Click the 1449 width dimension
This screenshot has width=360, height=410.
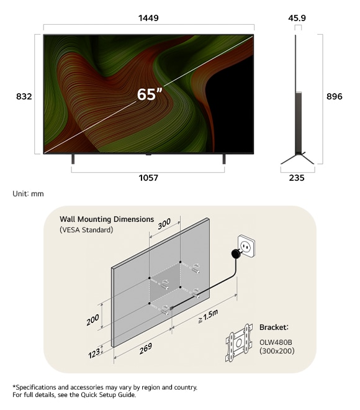point(148,18)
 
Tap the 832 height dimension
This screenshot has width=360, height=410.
point(24,96)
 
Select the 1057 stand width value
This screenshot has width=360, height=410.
point(148,178)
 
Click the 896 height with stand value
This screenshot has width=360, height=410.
point(335,96)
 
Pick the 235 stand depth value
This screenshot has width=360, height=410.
point(297,178)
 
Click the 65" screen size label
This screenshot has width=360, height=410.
point(150,94)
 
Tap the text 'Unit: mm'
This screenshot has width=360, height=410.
point(29,194)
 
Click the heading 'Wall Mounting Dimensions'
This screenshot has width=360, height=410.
point(107,219)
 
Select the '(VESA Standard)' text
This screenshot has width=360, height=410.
point(87,230)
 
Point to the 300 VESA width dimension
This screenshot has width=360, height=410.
point(164,225)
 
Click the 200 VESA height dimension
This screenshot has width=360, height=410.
point(93,321)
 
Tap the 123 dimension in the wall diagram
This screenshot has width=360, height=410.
point(94,355)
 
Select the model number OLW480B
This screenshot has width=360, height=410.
point(277,341)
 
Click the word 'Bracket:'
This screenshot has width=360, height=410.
point(274,327)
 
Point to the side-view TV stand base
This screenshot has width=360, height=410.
point(297,159)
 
